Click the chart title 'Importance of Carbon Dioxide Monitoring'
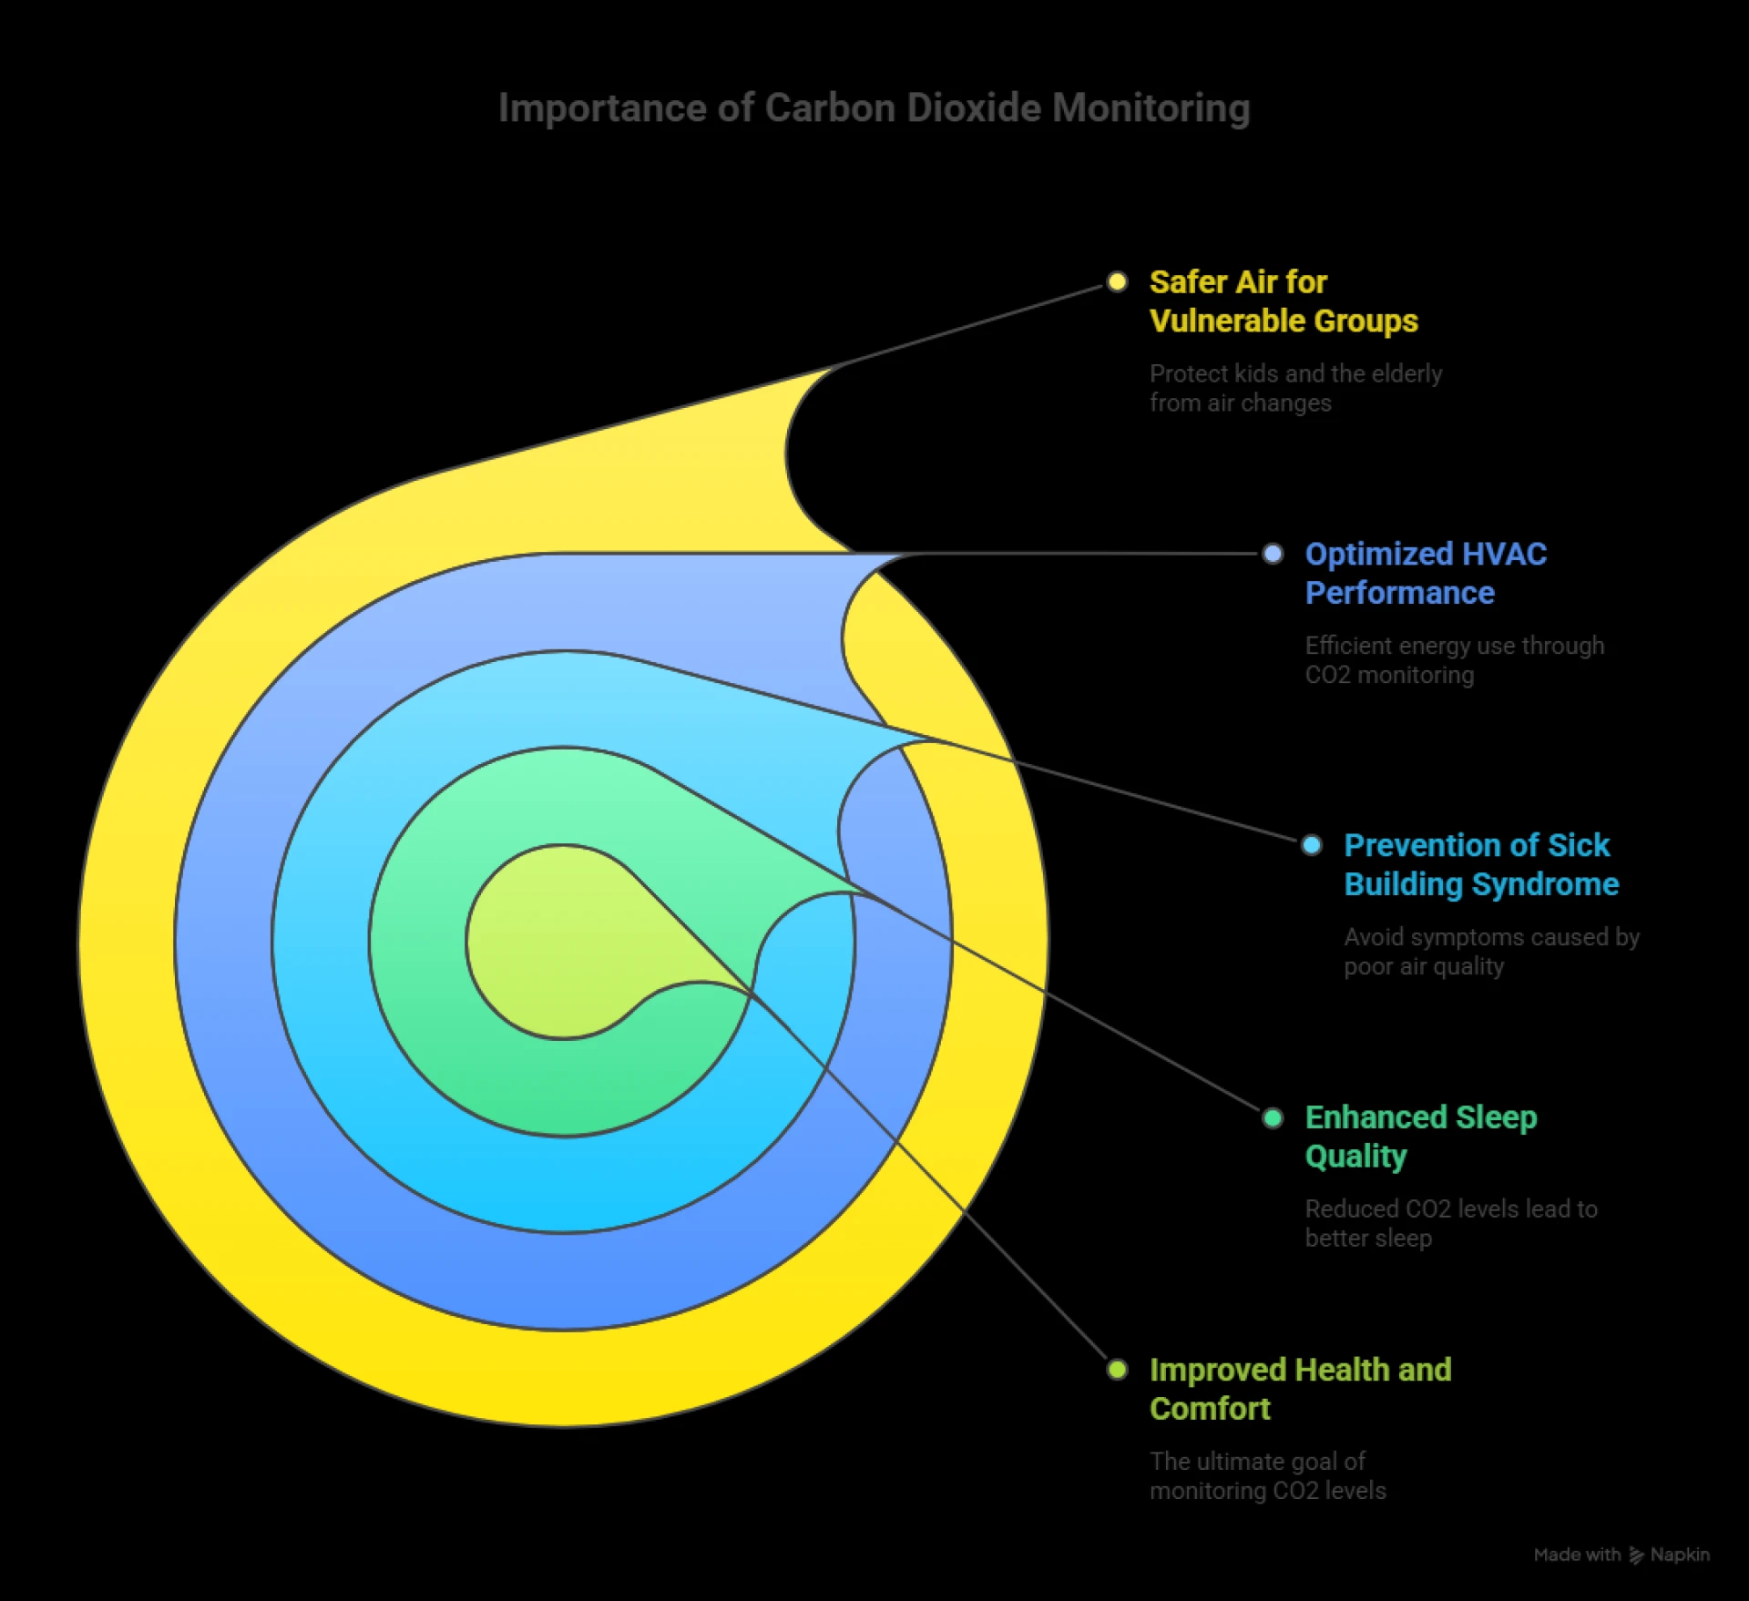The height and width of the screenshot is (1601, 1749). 874,108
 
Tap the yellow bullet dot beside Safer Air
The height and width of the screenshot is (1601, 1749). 1117,281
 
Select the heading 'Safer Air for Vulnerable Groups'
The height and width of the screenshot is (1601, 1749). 1283,301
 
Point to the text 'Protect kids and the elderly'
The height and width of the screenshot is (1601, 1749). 1295,374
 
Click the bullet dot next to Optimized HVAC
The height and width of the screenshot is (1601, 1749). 1273,554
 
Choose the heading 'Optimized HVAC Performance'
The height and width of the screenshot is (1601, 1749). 1425,574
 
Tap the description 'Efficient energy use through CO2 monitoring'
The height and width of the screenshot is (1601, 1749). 1454,660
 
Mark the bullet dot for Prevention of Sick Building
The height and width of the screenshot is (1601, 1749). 1312,845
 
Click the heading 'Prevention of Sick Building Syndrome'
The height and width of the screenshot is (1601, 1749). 1480,865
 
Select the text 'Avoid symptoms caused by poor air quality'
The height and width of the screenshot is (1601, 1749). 1491,952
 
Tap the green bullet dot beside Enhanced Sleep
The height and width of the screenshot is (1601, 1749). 1273,1117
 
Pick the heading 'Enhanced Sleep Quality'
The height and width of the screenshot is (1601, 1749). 1420,1137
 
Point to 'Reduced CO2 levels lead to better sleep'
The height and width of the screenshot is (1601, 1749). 1450,1223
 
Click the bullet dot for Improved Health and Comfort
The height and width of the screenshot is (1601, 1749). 1117,1370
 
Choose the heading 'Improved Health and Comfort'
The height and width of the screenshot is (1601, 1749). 1300,1389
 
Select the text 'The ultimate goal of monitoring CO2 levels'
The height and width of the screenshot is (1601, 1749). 1267,1476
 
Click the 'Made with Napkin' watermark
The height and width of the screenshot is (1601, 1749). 1621,1555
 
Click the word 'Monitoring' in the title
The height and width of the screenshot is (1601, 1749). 1151,108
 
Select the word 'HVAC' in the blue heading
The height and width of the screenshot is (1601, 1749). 1503,555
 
